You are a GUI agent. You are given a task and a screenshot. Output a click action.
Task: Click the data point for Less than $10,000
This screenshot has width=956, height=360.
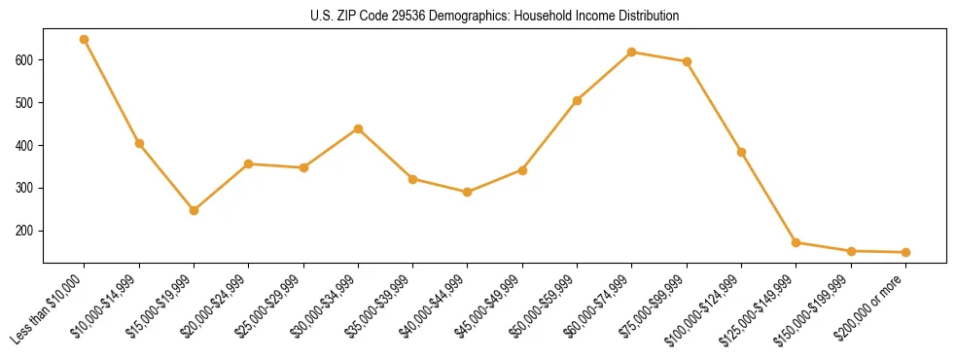85,40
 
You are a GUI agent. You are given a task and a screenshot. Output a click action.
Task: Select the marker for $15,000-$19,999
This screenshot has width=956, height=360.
195,210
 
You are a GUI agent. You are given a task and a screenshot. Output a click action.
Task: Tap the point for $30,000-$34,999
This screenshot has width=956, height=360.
358,128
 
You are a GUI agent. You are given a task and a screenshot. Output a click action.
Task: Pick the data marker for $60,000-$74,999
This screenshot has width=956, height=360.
632,52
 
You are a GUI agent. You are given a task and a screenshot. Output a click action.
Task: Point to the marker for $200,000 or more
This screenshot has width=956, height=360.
905,252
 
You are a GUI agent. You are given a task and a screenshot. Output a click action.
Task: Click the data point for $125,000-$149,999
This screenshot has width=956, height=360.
796,242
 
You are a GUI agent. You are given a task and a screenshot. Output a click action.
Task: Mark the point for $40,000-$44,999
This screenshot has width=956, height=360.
468,192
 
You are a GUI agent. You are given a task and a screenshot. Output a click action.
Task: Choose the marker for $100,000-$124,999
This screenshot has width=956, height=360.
741,152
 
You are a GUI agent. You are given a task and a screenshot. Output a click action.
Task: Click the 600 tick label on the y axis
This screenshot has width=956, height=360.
25,59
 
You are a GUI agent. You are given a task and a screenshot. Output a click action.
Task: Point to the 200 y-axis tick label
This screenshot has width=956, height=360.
25,231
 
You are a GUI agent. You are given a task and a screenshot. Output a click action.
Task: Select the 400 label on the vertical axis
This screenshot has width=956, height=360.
25,145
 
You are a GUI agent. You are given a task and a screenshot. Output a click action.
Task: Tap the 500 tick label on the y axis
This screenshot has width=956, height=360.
25,102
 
